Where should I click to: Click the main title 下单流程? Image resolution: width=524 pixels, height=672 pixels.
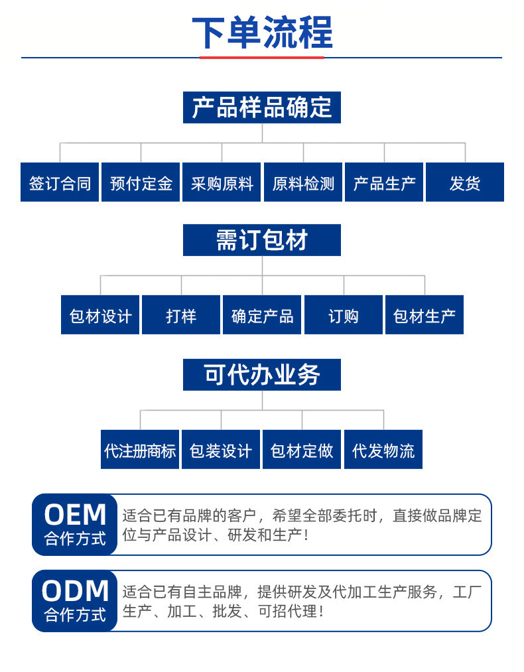pos(262,32)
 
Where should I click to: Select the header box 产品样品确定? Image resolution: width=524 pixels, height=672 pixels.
pos(262,107)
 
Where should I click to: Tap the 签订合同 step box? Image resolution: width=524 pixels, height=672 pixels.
pos(60,182)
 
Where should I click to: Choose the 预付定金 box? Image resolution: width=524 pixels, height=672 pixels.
pos(141,182)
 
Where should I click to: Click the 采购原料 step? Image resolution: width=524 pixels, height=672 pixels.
pos(222,182)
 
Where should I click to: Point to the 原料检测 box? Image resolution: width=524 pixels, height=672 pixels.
pos(303,182)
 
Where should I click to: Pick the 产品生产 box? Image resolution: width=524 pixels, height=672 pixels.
pos(384,182)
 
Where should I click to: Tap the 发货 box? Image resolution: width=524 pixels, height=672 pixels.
pos(465,182)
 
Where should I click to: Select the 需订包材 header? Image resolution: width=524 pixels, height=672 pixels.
pos(262,240)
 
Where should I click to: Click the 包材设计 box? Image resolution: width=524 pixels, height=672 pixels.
pos(100,315)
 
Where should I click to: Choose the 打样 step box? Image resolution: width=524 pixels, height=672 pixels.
pos(181,315)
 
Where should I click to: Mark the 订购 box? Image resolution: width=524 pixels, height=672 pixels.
pos(344,315)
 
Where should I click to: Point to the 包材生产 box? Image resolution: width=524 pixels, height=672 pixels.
pos(425,315)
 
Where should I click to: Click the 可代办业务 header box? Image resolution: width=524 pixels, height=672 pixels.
pos(262,375)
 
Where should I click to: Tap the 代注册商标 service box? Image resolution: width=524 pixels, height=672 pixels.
pos(140,450)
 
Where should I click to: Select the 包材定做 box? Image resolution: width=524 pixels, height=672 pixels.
pos(302,450)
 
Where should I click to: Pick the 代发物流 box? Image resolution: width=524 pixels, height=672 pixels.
pos(383,450)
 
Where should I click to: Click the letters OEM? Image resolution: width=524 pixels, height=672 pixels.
pos(75,515)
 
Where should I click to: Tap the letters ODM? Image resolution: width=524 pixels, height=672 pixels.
pos(75,590)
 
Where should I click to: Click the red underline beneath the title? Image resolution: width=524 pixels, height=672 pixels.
pos(262,58)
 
